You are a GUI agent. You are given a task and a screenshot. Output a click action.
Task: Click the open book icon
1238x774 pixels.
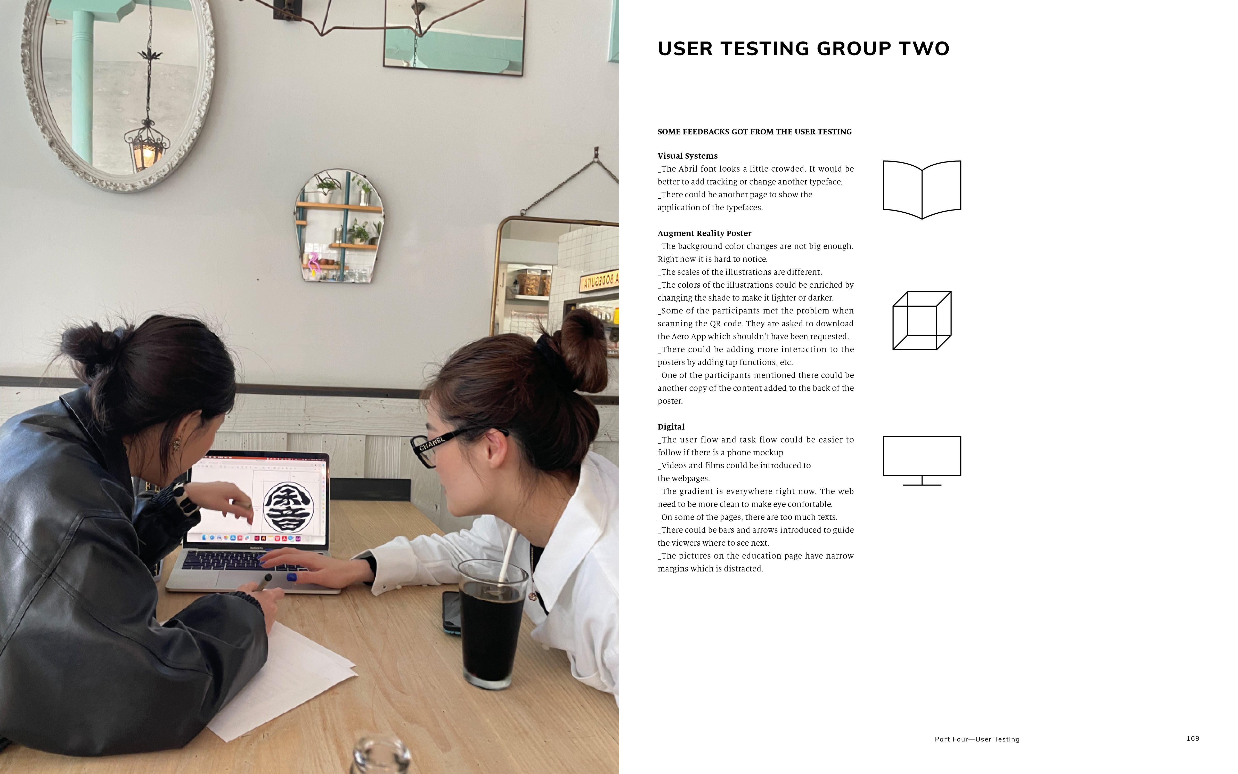pos(922,189)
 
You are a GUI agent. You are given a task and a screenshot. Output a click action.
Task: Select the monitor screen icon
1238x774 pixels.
pos(922,461)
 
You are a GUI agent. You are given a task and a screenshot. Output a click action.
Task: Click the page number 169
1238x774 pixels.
pos(1193,738)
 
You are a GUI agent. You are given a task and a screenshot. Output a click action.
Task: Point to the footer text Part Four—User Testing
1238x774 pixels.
pos(977,739)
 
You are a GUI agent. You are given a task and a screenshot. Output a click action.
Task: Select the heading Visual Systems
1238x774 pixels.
pos(688,156)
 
